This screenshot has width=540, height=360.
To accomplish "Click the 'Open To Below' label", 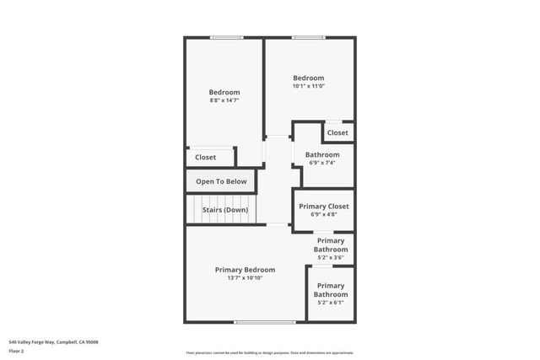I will click(x=221, y=181).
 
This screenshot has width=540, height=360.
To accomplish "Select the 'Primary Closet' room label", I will click(x=323, y=206).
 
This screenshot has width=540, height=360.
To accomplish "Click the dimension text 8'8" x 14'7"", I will click(x=224, y=101).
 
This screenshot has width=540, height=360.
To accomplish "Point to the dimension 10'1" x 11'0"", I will click(x=309, y=86).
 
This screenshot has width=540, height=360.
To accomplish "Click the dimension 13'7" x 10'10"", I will click(x=245, y=278).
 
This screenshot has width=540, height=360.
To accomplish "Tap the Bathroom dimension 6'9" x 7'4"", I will click(x=322, y=164).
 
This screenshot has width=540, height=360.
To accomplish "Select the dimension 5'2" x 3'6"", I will click(x=331, y=258).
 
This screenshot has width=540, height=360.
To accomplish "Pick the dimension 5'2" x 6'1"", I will click(x=331, y=302).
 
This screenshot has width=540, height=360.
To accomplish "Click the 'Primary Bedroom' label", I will click(x=245, y=270).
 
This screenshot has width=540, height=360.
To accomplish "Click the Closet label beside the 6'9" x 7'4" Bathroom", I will click(x=337, y=132).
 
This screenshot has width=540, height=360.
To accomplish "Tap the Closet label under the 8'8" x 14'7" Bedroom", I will click(x=205, y=157).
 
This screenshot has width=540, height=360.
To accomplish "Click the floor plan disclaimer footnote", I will click(x=270, y=352).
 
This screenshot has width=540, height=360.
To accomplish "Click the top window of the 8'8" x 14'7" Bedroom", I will click(x=226, y=37).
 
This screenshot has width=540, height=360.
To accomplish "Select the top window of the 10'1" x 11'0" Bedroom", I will click(x=309, y=37).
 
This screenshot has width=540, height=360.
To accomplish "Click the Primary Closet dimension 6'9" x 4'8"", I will click(x=323, y=215).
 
